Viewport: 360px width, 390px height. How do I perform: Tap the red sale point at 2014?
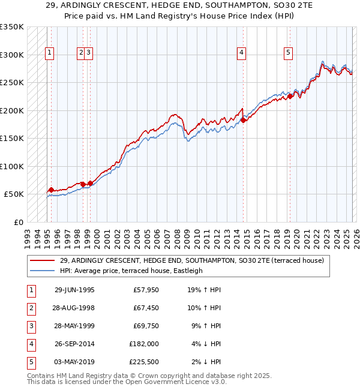point(244,120)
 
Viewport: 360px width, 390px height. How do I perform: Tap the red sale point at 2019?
point(290,96)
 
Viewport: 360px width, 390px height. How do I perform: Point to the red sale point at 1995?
point(51,190)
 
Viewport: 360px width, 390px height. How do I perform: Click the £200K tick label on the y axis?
point(12,111)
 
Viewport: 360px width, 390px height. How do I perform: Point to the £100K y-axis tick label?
point(12,167)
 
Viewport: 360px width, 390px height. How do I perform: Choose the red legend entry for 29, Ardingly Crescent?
point(191,260)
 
